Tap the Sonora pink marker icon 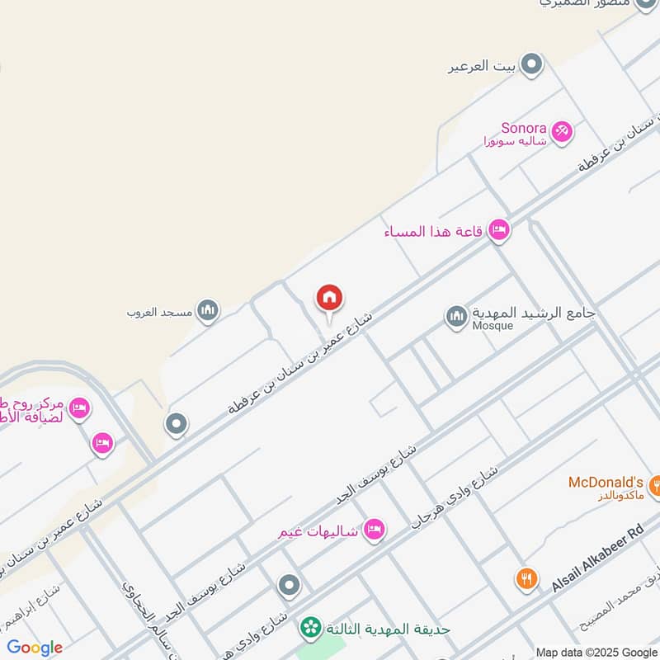coord(562,131)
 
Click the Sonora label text coord(524,128)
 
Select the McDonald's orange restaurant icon coord(656,486)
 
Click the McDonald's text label coord(606,482)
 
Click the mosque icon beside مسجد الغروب coord(208,310)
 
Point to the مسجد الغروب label coord(159,313)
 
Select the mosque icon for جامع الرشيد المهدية coord(456,316)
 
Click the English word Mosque coord(493,326)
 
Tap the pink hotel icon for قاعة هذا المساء coord(498,231)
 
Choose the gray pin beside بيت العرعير coord(533,64)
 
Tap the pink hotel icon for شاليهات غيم coord(374,530)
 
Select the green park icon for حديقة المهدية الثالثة coord(311,629)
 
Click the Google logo coord(35,648)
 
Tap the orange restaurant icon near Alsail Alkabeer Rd coord(526,578)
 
